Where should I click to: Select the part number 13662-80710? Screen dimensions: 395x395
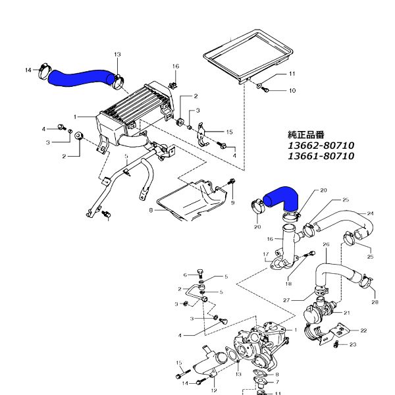click(x=321, y=145)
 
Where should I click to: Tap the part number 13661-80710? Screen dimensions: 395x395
click(x=321, y=156)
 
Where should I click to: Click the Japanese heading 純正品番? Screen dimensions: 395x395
click(x=306, y=135)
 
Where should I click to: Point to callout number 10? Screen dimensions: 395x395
click(x=292, y=90)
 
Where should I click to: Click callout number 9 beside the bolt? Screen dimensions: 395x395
click(x=232, y=203)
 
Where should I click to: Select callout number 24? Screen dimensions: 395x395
click(x=370, y=213)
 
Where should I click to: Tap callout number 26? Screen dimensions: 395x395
click(x=326, y=244)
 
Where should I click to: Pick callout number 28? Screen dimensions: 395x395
click(x=375, y=302)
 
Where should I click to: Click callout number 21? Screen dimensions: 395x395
click(x=347, y=313)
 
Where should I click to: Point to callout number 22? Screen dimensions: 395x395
click(x=363, y=330)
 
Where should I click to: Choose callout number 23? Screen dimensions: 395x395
click(x=353, y=344)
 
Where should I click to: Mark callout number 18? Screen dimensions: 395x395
click(x=289, y=284)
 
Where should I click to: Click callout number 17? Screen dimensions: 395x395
click(x=266, y=254)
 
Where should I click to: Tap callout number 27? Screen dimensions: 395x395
click(x=286, y=300)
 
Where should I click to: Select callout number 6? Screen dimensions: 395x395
click(x=185, y=275)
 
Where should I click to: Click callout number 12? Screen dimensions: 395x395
click(x=214, y=390)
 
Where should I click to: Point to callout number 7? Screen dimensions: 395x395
click(x=277, y=382)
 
